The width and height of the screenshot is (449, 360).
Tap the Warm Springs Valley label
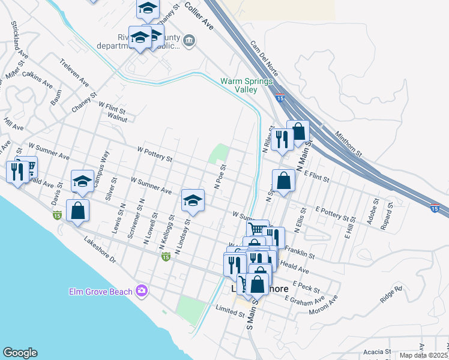click(247, 85)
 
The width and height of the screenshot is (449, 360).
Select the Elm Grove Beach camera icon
click(142, 291)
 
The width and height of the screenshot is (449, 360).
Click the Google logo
click(20, 353)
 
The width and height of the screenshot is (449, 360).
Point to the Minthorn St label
click(349, 145)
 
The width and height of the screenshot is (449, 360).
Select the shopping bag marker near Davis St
click(77, 211)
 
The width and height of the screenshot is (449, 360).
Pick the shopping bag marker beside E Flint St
click(284, 179)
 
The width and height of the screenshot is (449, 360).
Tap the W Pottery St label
click(155, 155)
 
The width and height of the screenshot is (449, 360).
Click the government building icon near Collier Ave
click(189, 41)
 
